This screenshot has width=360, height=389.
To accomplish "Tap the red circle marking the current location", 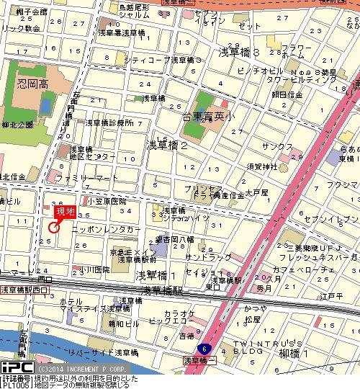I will click(53, 228).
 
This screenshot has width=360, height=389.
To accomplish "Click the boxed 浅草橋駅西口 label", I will click(24, 289).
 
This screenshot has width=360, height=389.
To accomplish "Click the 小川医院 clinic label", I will click(96, 269).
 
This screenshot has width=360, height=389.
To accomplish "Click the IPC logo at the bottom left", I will click(14, 367).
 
